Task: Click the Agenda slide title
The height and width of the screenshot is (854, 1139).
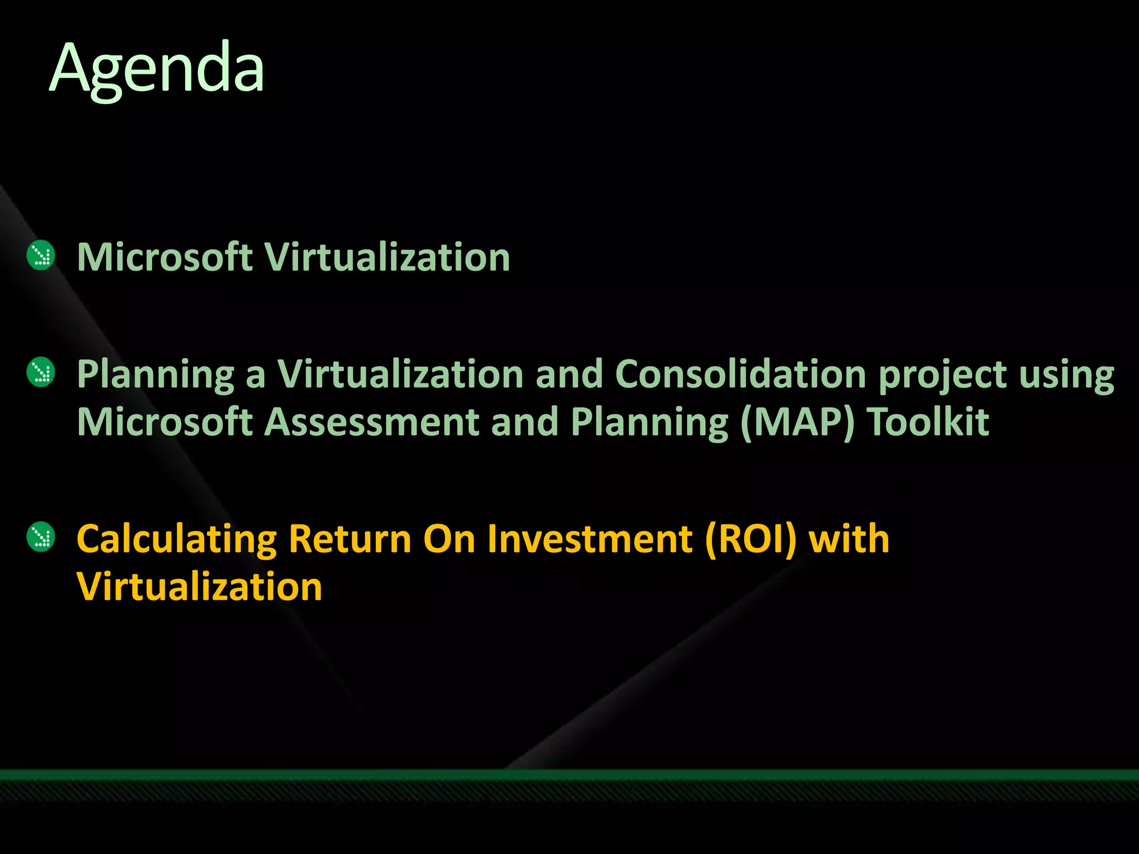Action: click(157, 69)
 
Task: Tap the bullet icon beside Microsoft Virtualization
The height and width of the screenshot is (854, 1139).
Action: click(41, 256)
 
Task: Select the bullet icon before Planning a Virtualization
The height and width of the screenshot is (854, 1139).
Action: click(41, 373)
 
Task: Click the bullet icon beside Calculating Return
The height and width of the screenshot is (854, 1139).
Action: click(41, 537)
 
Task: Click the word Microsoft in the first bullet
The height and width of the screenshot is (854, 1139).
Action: click(165, 257)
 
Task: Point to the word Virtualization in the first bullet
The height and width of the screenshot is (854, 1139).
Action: click(387, 257)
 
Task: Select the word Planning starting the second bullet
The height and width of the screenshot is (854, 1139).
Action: click(156, 375)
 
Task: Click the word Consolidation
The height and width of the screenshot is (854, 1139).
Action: click(740, 374)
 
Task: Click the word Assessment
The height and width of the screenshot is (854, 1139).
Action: click(371, 422)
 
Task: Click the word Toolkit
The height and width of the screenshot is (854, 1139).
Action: click(928, 422)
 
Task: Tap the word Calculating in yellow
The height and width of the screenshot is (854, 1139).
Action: click(176, 539)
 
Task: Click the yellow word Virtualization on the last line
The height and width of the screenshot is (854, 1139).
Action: click(199, 587)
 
